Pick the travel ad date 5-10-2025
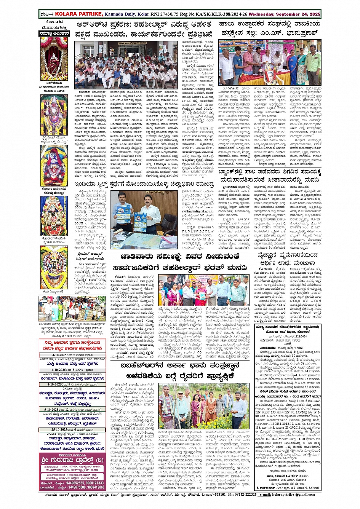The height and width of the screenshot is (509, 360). [53, 409]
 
